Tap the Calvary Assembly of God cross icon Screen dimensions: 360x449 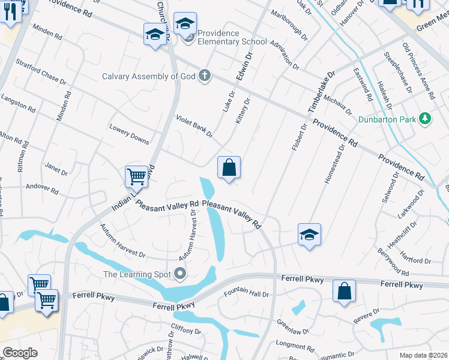coord(205,76)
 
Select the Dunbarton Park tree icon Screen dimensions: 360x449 coord(426,118)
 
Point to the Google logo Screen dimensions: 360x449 coord(20,353)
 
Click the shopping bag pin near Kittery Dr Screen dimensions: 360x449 coord(229,167)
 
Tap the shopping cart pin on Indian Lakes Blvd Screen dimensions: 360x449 coord(137,176)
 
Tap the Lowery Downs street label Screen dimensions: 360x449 coord(129,134)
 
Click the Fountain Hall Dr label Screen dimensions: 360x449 coord(246,293)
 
